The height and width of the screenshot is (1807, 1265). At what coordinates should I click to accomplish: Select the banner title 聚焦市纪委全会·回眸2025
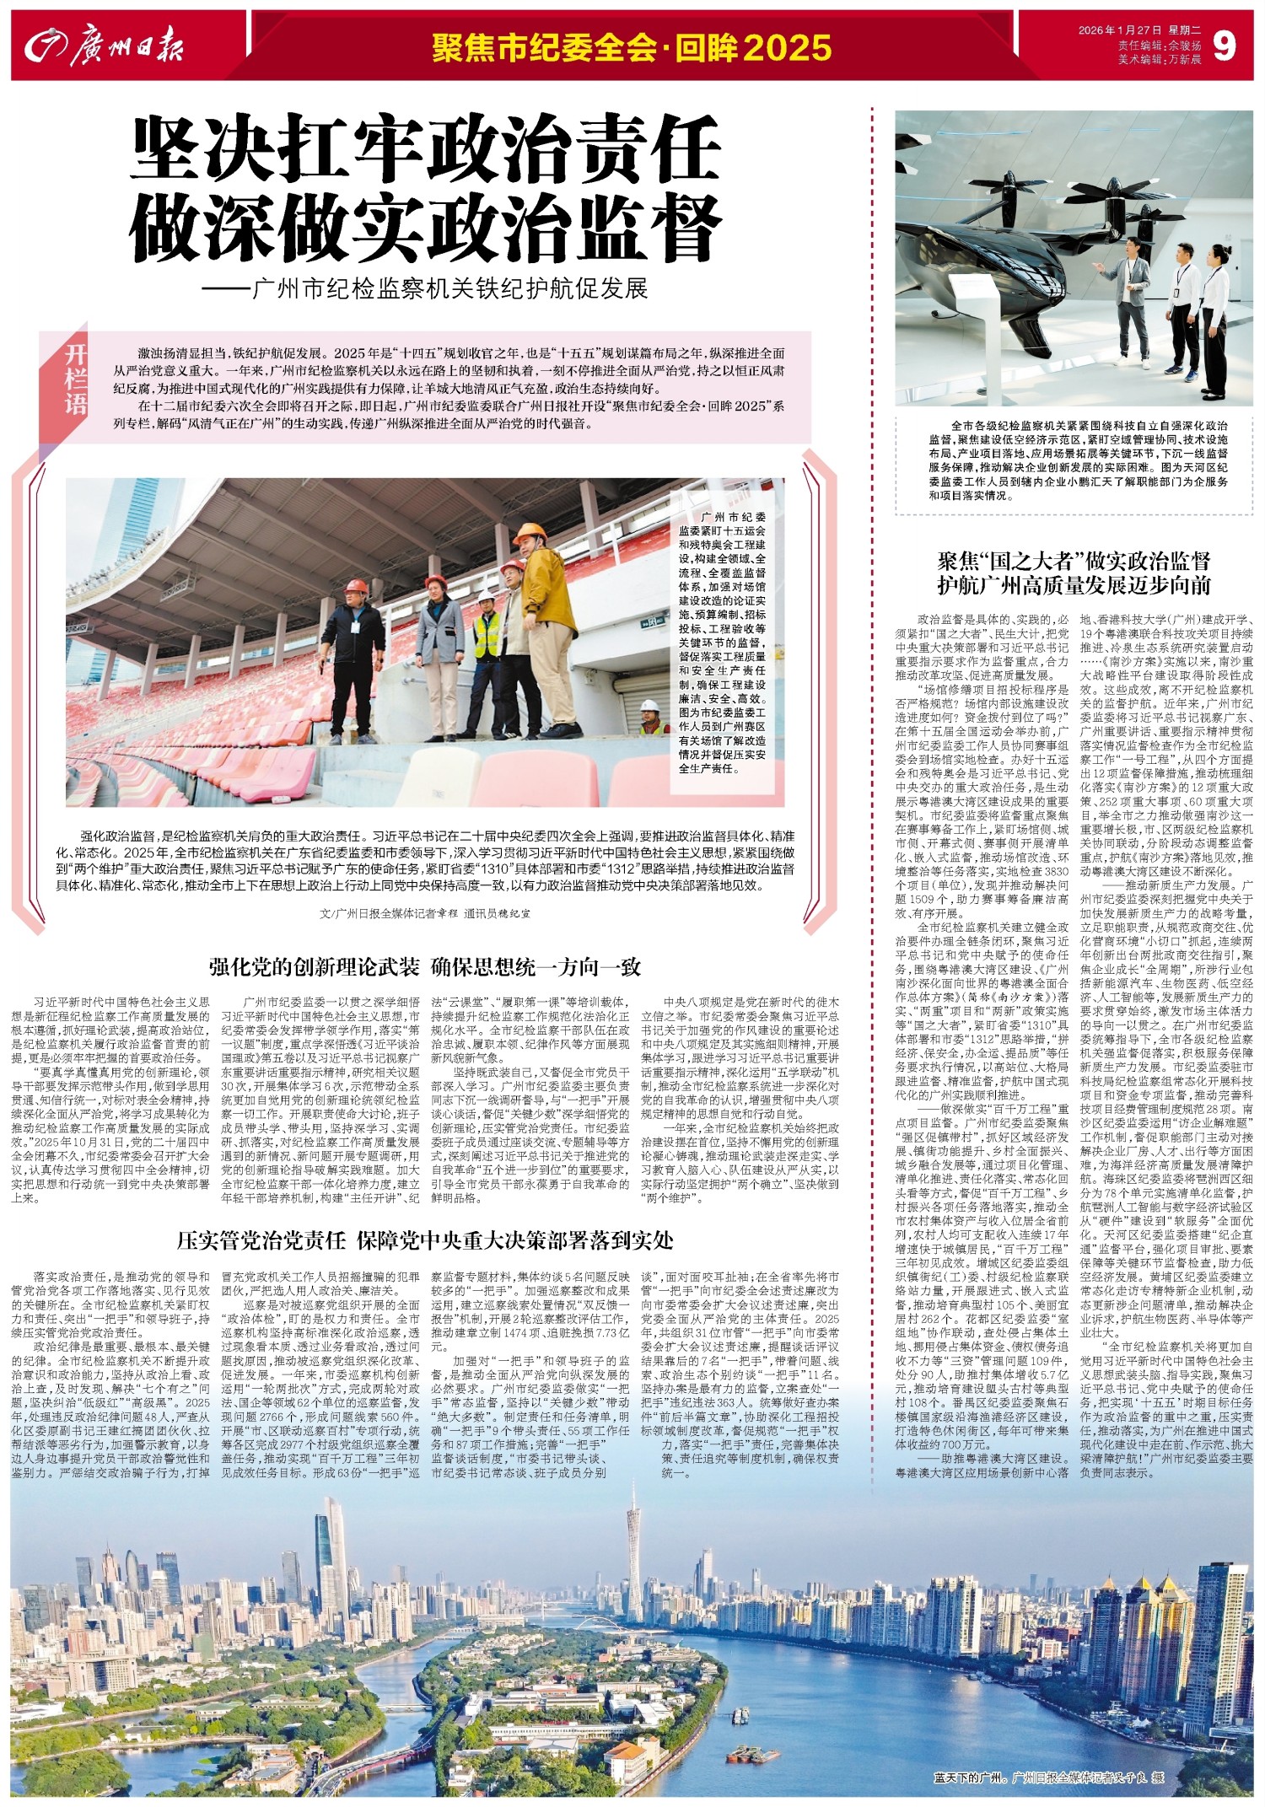632,48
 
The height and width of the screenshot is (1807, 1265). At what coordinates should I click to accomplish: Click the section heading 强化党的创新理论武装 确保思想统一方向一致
426,966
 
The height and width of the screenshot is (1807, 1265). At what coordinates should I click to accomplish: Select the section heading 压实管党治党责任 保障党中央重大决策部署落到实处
425,1240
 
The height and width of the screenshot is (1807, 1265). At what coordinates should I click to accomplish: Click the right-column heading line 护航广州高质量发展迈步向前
1074,584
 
